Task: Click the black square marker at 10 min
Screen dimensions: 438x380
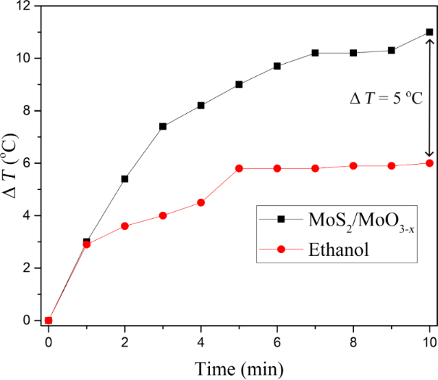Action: click(429, 32)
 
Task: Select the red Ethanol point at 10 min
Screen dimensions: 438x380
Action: click(429, 163)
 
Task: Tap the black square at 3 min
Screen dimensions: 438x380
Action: click(163, 126)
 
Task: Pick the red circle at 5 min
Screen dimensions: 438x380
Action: click(239, 168)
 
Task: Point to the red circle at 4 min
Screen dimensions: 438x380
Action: click(201, 202)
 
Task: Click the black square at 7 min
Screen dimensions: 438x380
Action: click(315, 53)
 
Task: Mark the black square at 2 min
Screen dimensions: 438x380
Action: click(125, 179)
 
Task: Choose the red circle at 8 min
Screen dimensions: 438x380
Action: click(353, 166)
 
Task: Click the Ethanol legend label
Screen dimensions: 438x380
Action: click(339, 249)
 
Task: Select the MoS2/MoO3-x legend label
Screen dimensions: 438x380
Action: click(361, 221)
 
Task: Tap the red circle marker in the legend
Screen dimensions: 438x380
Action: click(281, 249)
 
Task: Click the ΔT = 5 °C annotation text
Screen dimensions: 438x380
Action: click(387, 98)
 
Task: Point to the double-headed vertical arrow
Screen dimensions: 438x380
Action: click(429, 98)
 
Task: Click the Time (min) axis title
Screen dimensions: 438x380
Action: click(239, 369)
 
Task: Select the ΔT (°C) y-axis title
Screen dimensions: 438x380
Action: click(10, 165)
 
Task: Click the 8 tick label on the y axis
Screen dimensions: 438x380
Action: click(27, 111)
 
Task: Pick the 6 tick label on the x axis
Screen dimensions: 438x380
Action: click(277, 342)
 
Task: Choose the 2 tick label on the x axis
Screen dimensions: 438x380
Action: click(125, 342)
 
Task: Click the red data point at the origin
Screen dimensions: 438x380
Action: click(49, 321)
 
